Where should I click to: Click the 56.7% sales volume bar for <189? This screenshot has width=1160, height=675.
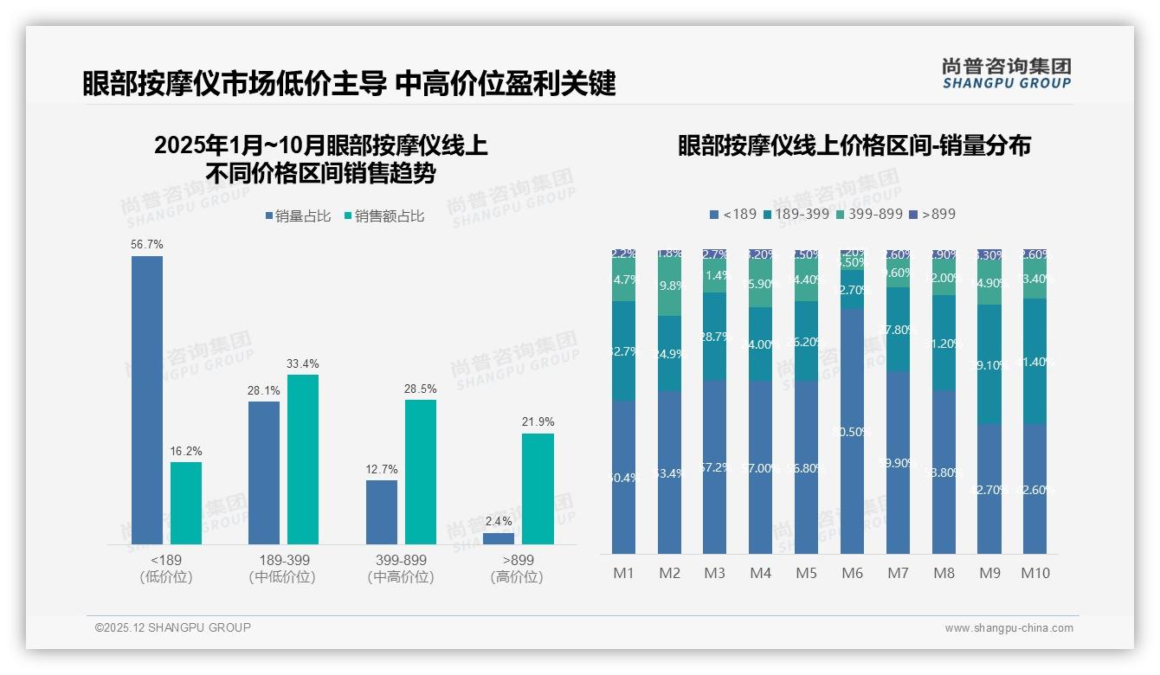(x=146, y=400)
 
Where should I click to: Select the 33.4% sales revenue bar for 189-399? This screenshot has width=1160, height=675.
(x=303, y=459)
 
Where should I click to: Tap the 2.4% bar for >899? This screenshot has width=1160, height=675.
(x=499, y=538)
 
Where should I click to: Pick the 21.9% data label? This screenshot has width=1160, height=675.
(x=538, y=421)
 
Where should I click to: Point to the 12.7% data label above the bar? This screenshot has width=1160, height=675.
(x=382, y=469)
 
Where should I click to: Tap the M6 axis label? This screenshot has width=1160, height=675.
(x=852, y=573)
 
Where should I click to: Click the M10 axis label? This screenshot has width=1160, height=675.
(x=1034, y=573)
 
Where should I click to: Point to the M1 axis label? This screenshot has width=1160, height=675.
(x=623, y=573)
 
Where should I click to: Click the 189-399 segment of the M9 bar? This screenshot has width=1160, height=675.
(x=989, y=364)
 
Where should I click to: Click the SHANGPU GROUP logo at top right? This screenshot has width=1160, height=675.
(x=1006, y=74)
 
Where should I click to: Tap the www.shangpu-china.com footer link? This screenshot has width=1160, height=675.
(x=1009, y=628)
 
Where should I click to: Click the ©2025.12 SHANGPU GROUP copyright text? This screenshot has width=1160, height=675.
(x=173, y=627)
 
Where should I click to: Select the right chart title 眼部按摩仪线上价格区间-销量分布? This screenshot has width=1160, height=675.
(x=854, y=145)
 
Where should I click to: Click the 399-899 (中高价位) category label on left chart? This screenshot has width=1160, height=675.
(x=400, y=569)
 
